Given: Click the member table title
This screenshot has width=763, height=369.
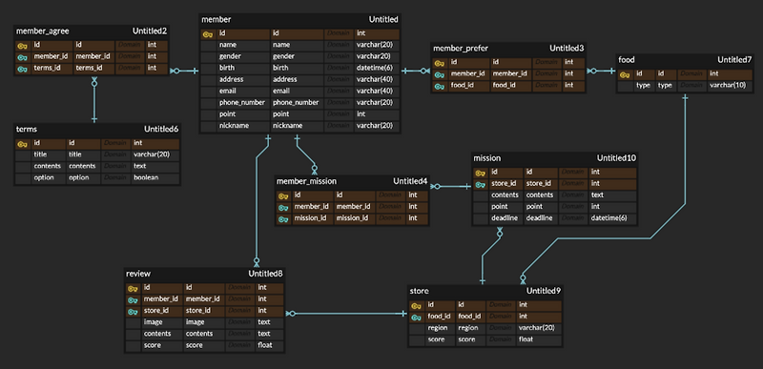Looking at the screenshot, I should click(x=217, y=19).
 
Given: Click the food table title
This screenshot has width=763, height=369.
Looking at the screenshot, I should click(x=627, y=59).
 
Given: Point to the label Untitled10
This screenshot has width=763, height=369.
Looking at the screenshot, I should click(x=617, y=157).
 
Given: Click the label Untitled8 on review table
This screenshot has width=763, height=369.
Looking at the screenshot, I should click(x=263, y=274).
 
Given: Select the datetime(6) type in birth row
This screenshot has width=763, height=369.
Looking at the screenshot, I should click(x=379, y=68).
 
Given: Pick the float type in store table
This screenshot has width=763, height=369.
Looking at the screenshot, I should click(x=526, y=339).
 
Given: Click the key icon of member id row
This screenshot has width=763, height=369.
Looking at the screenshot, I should click(x=209, y=33).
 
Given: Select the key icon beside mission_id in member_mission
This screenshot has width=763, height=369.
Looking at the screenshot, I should click(x=283, y=218).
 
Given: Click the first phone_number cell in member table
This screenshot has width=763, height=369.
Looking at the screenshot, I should click(x=241, y=102).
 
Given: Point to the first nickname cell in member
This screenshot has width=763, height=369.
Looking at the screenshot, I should click(x=234, y=125).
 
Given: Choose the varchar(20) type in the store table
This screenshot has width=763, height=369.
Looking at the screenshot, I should click(x=537, y=327).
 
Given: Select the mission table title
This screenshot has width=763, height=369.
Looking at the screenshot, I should click(x=487, y=157).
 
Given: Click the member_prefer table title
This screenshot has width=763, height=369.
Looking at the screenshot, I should click(x=462, y=48).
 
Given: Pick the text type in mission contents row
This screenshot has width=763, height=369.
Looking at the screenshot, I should click(x=597, y=195).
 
